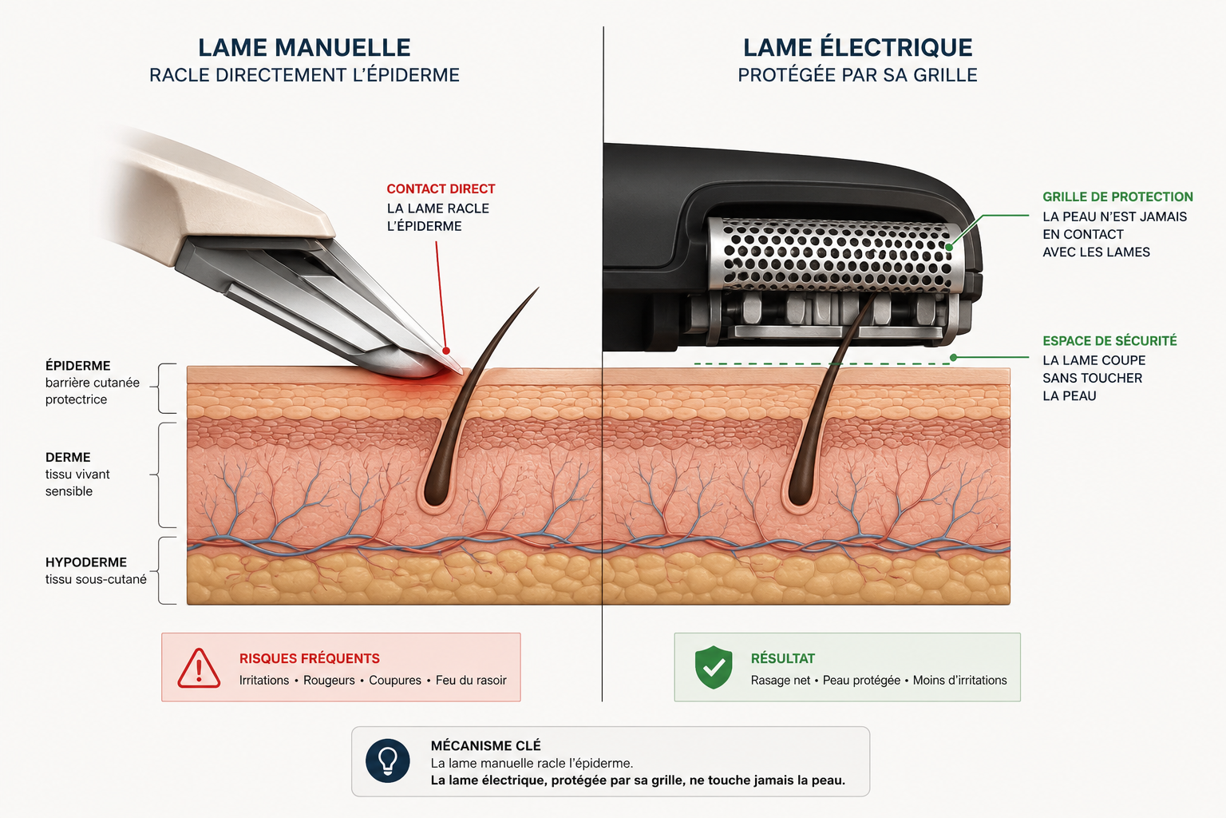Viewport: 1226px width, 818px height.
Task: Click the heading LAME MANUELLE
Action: pos(304,48)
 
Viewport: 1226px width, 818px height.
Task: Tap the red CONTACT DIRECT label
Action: pos(441,189)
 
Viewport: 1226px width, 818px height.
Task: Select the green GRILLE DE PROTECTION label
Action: pos(1117,197)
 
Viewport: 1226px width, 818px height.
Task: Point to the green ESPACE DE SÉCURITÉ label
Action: pos(1109,341)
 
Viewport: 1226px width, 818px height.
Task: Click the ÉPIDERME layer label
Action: pos(77,365)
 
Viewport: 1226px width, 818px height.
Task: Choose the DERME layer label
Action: pos(68,457)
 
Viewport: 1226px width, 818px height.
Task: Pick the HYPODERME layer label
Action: pos(86,562)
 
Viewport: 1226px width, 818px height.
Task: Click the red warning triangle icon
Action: pos(199,669)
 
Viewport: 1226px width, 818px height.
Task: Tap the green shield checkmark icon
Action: pos(713,667)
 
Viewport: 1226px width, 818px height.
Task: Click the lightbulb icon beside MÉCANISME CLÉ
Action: pos(387,760)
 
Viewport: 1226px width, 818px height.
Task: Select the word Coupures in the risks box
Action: pos(394,681)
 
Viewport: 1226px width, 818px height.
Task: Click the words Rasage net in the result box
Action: pos(780,681)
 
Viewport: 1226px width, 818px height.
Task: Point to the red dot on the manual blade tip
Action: pos(446,351)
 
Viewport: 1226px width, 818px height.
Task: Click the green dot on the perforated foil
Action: pos(949,247)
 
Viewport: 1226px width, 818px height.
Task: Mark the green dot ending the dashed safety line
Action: pos(954,357)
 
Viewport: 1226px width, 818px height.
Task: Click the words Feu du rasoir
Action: pos(471,681)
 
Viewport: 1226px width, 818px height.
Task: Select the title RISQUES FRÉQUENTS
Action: pos(309,658)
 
